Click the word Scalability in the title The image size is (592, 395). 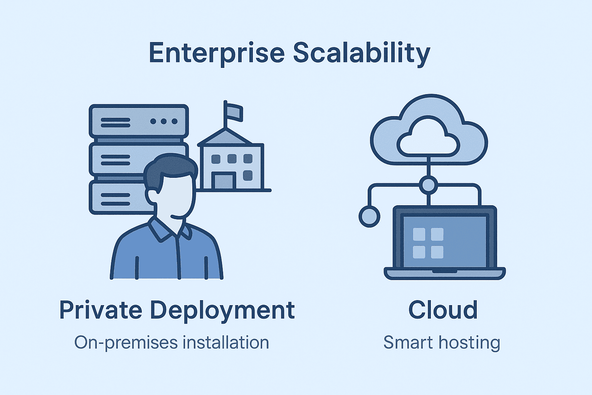[361, 53]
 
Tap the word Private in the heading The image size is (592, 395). [101, 310]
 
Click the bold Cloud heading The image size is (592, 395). [443, 310]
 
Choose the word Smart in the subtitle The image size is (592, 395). [408, 343]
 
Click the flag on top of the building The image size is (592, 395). [234, 111]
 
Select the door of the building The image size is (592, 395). [223, 181]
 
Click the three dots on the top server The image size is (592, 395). [164, 122]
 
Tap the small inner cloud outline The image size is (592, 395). [429, 139]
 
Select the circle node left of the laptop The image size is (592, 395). [369, 216]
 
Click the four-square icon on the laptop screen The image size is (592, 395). [428, 243]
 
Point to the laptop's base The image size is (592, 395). [444, 273]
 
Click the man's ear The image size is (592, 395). [151, 196]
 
